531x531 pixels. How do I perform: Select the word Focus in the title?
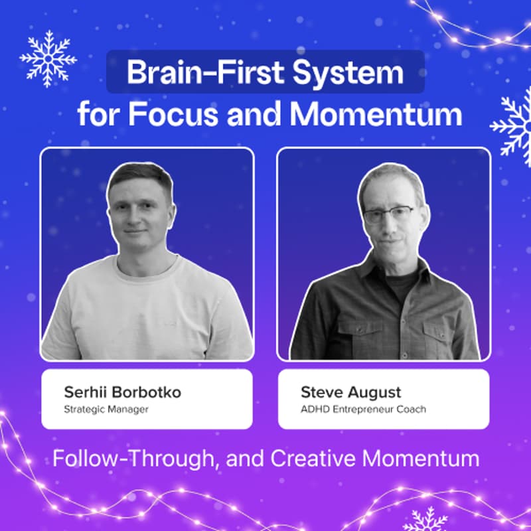click(x=173, y=114)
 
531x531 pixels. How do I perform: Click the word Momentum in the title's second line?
click(x=376, y=114)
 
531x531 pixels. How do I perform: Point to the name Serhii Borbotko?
click(x=122, y=392)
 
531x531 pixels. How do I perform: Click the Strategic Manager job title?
click(x=106, y=409)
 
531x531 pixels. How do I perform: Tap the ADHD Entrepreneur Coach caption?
click(x=363, y=409)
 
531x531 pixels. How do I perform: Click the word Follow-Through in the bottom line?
click(x=126, y=459)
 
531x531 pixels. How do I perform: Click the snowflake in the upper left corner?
click(x=48, y=58)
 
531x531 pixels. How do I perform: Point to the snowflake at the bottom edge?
click(x=425, y=520)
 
